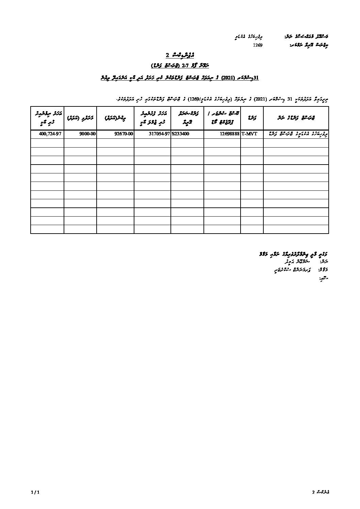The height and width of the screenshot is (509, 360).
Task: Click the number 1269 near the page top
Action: click(x=258, y=45)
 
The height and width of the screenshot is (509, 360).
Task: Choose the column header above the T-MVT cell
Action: click(x=252, y=118)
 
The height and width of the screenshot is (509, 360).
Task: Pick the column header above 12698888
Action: click(x=222, y=118)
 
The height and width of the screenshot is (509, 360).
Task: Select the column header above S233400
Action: click(x=187, y=118)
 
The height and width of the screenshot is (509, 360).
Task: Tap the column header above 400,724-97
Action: click(x=47, y=118)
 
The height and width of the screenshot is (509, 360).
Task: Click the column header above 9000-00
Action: click(x=80, y=118)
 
